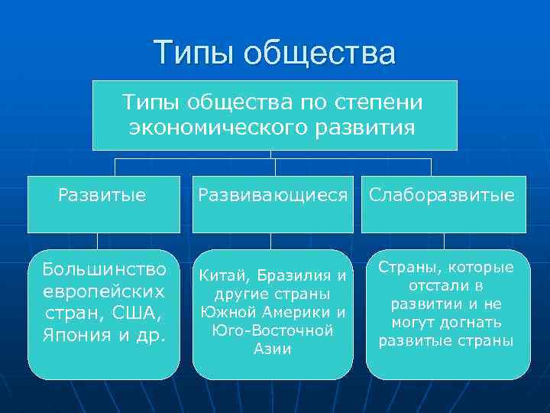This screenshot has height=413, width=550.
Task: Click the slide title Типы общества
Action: coord(274,54)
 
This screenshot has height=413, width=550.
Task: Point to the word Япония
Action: coord(79,333)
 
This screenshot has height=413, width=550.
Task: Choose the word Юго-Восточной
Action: coord(273,330)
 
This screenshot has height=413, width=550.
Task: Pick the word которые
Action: coord(481,267)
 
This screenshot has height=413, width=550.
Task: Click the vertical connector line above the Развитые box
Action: coord(115,166)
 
